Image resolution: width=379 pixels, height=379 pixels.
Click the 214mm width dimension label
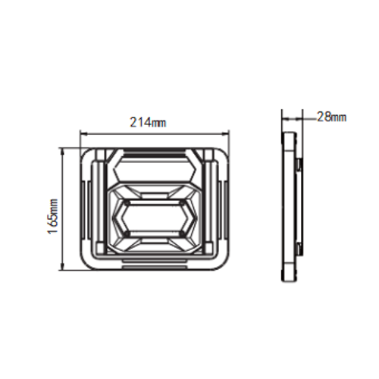(148, 122)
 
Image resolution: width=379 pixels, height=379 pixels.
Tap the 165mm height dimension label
(53, 217)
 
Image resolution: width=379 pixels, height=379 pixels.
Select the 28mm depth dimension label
(331, 117)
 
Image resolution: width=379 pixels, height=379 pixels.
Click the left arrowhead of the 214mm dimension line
(83, 134)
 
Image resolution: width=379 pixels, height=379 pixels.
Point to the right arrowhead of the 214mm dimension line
(226, 134)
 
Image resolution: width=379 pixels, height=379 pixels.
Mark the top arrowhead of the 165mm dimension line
(62, 152)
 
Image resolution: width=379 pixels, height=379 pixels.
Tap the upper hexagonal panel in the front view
(155, 168)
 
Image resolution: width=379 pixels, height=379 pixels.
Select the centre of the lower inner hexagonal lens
(155, 218)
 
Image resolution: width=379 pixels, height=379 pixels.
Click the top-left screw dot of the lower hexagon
(127, 202)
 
